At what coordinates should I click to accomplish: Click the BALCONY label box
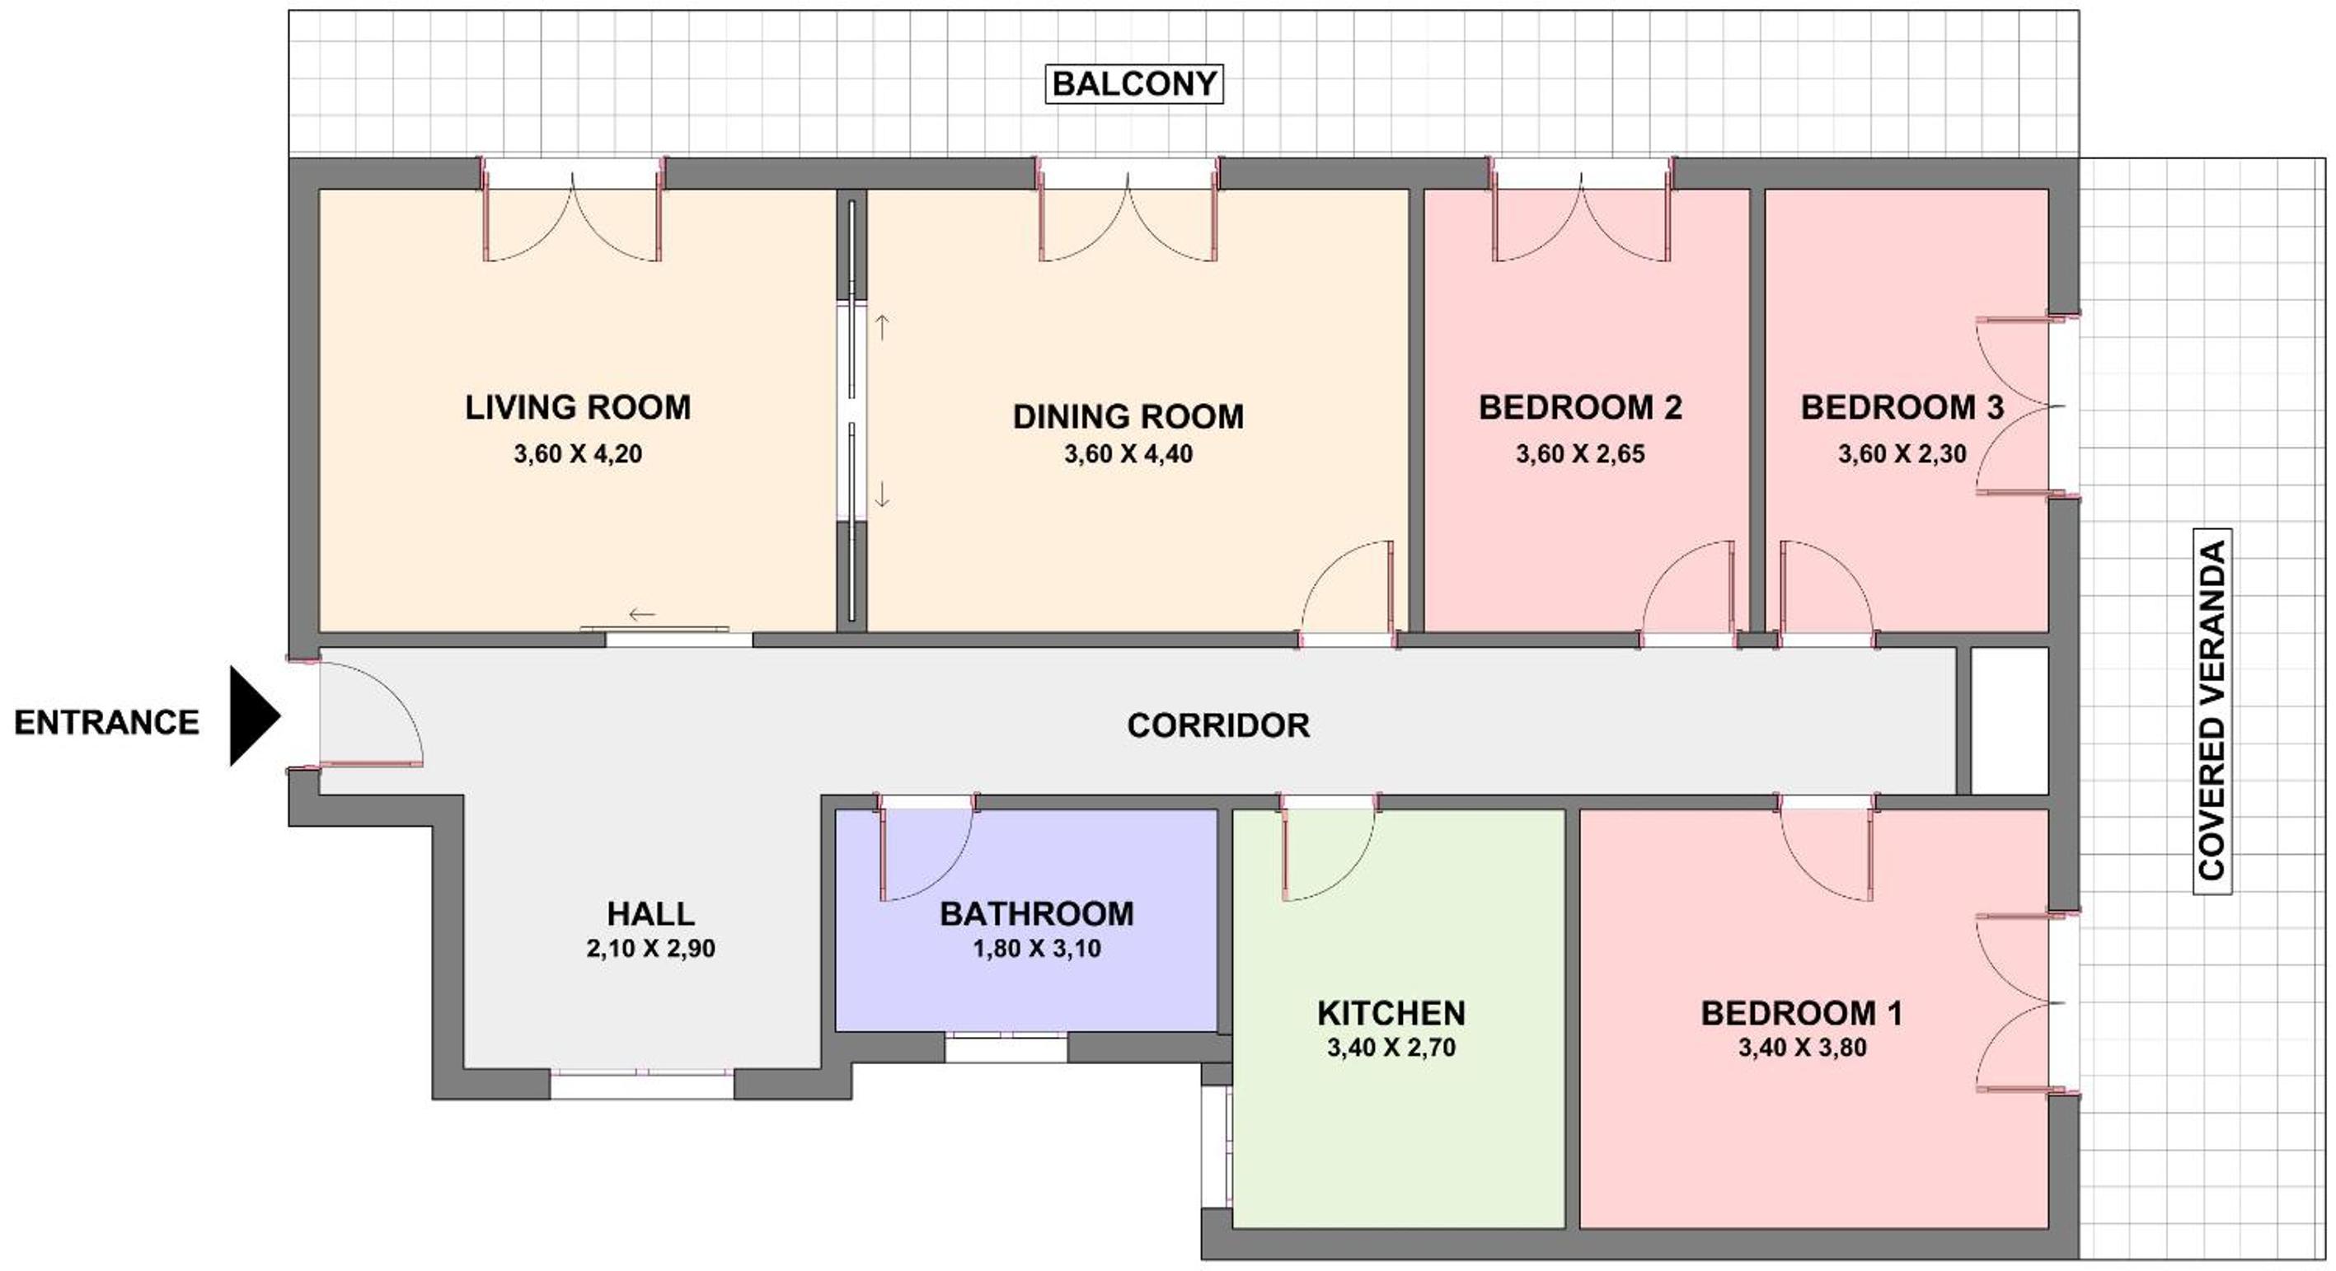coord(1133,83)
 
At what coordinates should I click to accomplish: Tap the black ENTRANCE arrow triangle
coord(255,716)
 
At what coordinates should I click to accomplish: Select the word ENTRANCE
coord(107,723)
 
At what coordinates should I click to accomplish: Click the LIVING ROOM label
coord(578,407)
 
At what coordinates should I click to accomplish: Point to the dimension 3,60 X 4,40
coord(1128,453)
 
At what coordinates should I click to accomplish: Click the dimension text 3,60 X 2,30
coord(1902,453)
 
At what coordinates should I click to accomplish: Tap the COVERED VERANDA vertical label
coord(2212,711)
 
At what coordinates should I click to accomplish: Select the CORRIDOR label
coord(1218,725)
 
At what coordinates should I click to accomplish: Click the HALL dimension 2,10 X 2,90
coord(651,948)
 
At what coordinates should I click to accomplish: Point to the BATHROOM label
coord(1036,914)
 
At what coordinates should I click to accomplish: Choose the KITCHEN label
coord(1391,1013)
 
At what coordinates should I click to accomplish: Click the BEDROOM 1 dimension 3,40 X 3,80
coord(1802,1047)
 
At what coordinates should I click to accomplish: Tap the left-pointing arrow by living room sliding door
coord(642,615)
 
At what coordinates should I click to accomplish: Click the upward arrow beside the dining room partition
coord(881,327)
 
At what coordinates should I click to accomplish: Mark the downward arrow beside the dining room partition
coord(881,493)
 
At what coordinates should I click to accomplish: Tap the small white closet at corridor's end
coord(2010,720)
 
